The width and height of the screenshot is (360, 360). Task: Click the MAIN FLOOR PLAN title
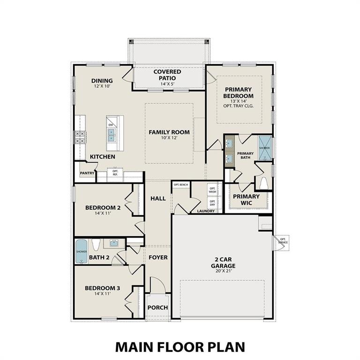click(x=180, y=347)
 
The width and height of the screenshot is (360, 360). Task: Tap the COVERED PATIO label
click(x=167, y=75)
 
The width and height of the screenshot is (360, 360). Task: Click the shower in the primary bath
click(x=265, y=148)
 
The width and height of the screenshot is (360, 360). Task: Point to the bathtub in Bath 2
click(x=82, y=251)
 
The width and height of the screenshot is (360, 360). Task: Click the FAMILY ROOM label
click(x=169, y=132)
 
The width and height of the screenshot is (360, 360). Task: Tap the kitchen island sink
click(x=112, y=135)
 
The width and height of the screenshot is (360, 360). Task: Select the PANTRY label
click(x=87, y=173)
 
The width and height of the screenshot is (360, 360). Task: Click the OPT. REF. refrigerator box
click(x=115, y=172)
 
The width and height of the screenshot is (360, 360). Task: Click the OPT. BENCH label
click(x=180, y=185)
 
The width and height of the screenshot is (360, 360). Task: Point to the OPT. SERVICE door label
click(x=283, y=241)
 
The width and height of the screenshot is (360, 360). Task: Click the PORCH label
click(x=157, y=307)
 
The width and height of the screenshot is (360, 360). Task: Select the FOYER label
click(x=158, y=257)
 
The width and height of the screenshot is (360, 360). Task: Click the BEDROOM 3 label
click(x=102, y=288)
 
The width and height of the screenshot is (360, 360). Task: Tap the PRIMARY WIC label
click(x=247, y=200)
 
